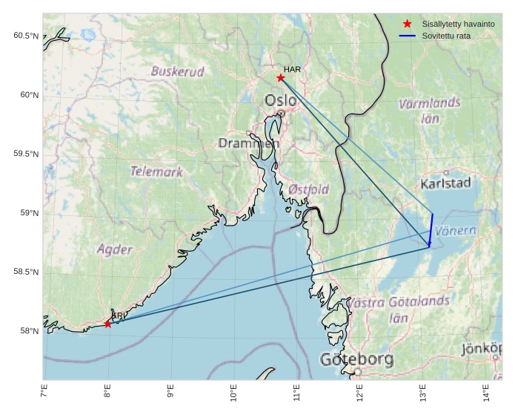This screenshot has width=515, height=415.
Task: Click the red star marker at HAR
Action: (x=280, y=78)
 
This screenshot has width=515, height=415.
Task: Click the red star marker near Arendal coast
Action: (x=108, y=324)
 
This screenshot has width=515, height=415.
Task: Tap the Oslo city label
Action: (x=280, y=100)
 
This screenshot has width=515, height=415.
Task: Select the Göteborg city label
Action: (x=356, y=360)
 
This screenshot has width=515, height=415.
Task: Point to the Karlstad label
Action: (x=445, y=183)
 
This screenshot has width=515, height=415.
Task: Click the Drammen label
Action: (x=247, y=143)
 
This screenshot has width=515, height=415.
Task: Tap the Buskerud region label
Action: (x=178, y=72)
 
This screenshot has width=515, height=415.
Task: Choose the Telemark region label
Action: (x=156, y=171)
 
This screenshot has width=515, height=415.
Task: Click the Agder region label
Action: (x=115, y=249)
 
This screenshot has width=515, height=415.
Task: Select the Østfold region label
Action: (x=308, y=189)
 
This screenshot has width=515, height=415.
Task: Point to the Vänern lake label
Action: (x=455, y=231)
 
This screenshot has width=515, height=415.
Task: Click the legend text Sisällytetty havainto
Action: (x=458, y=24)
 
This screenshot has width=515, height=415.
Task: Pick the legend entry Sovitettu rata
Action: (x=446, y=36)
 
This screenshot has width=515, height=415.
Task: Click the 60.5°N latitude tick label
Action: (x=26, y=36)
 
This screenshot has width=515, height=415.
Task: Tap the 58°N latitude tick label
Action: (x=29, y=331)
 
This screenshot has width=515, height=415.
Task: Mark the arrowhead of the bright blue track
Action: (x=429, y=244)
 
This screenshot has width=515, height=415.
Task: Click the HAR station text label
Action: (x=292, y=69)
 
